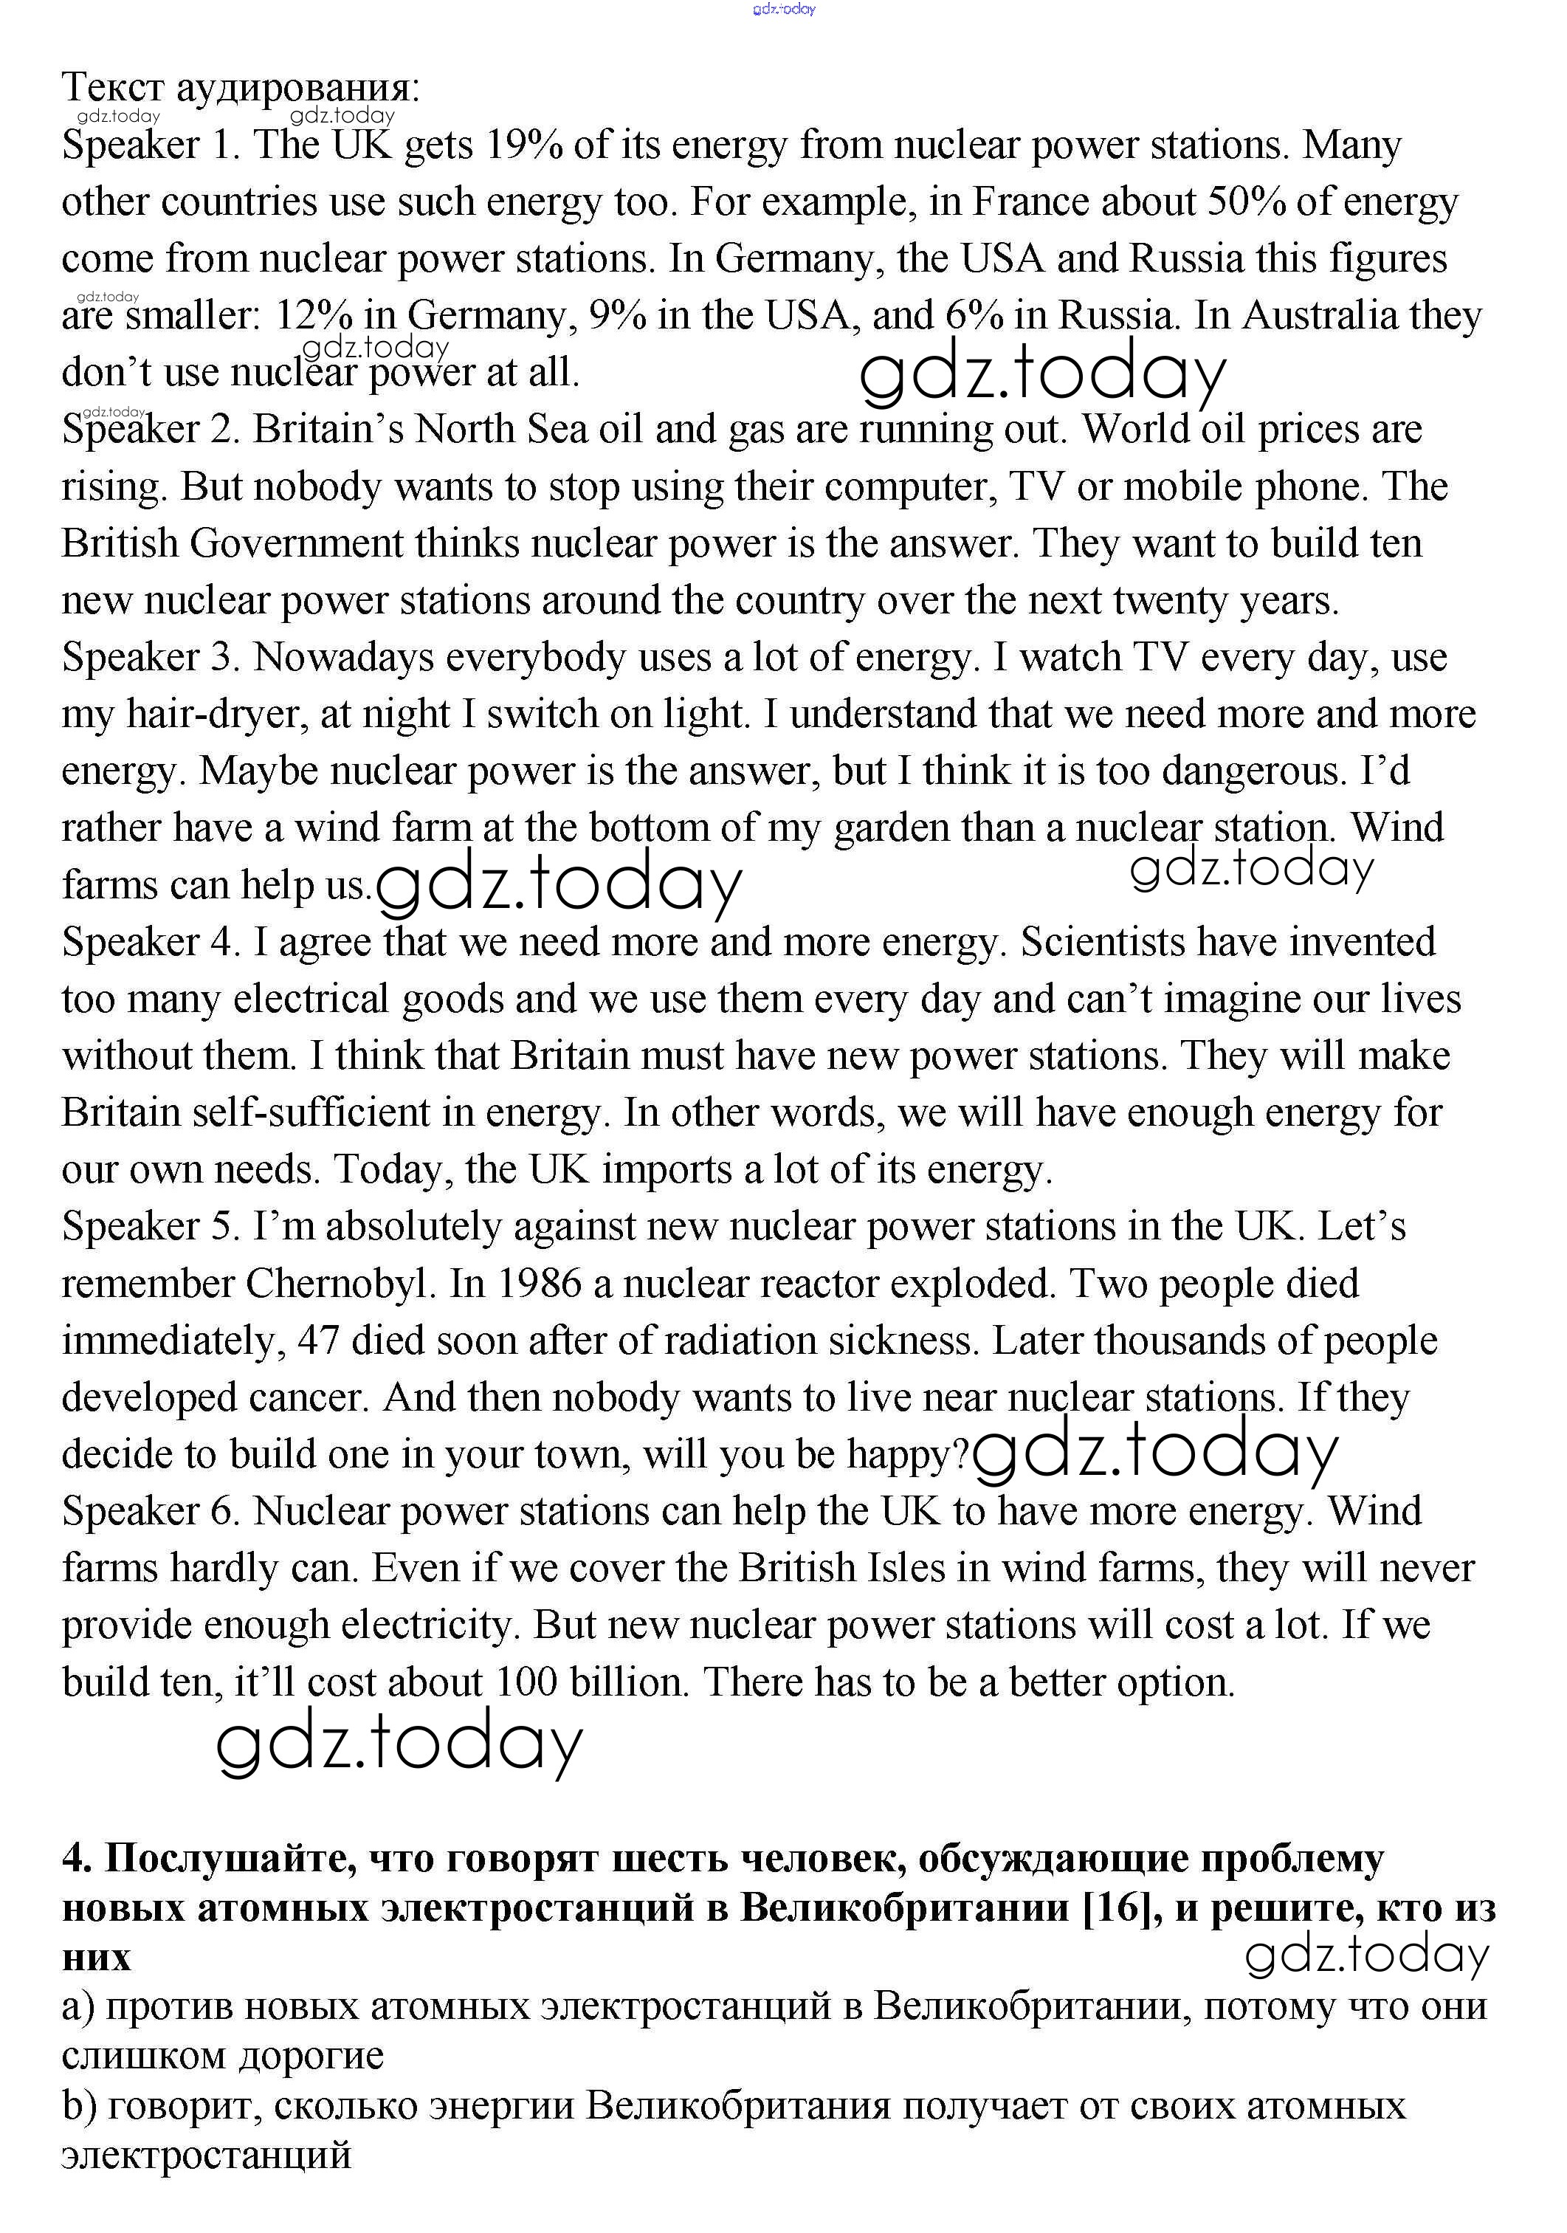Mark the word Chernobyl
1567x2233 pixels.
[x=337, y=1284]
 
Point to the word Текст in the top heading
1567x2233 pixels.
[x=113, y=88]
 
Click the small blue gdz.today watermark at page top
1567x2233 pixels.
[x=784, y=9]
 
